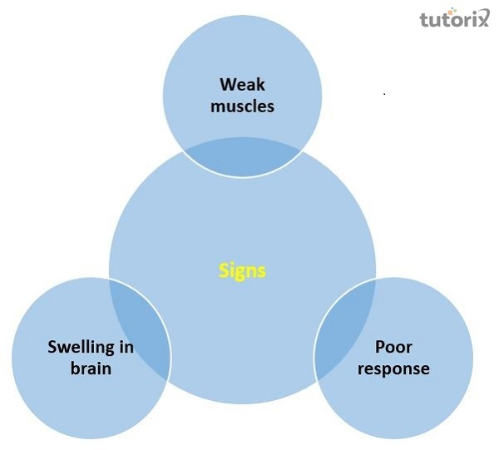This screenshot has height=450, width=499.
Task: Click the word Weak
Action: pyautogui.click(x=242, y=85)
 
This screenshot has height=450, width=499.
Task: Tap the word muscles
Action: pyautogui.click(x=242, y=106)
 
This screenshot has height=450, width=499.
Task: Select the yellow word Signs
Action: pyautogui.click(x=242, y=271)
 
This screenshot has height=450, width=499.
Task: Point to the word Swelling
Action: pyautogui.click(x=81, y=348)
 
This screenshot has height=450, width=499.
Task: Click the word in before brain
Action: pyautogui.click(x=126, y=347)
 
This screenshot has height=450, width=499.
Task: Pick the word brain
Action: pyautogui.click(x=91, y=368)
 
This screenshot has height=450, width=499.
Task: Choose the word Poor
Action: pyautogui.click(x=393, y=347)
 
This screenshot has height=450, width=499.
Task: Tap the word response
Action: pyautogui.click(x=393, y=369)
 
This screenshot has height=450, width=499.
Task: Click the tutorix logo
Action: pyautogui.click(x=454, y=17)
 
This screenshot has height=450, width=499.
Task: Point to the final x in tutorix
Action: pyautogui.click(x=482, y=17)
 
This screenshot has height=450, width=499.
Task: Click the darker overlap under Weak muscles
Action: pyautogui.click(x=243, y=156)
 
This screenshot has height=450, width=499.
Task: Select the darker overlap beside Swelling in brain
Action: pyautogui.click(x=139, y=329)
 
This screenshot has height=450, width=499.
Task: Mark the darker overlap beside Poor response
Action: pyautogui.click(x=346, y=329)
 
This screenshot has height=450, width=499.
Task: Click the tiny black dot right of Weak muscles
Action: pyautogui.click(x=385, y=94)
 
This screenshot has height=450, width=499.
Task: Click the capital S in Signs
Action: pyautogui.click(x=224, y=270)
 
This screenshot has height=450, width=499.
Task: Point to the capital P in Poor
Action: pyautogui.click(x=380, y=347)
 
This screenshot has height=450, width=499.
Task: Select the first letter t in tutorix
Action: pyautogui.click(x=424, y=20)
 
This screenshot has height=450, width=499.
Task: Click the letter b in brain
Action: pyautogui.click(x=76, y=368)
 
